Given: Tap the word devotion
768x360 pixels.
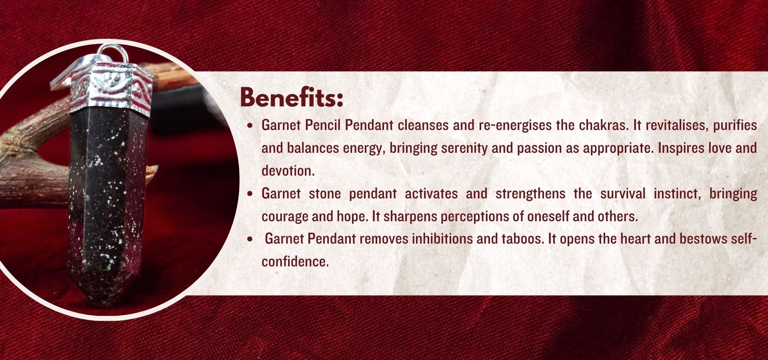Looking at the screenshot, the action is tap(288, 171).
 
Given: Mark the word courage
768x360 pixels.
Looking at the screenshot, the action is tap(285, 217).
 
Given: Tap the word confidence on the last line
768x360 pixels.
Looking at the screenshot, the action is tap(295, 262).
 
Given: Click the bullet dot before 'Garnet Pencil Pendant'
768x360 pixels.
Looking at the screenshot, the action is tap(250, 126).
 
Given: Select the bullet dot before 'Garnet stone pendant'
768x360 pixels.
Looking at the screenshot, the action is tap(250, 194).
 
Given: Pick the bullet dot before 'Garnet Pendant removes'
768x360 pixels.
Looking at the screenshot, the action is tap(250, 240).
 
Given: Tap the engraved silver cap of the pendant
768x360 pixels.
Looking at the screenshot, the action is tap(110, 90).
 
